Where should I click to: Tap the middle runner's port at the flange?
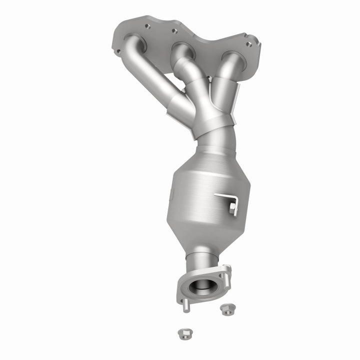183,50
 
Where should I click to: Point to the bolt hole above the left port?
148,25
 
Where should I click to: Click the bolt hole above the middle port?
174,31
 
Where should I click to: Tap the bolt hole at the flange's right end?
249,44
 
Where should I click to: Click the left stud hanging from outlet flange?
185,305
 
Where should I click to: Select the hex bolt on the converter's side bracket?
232,206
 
